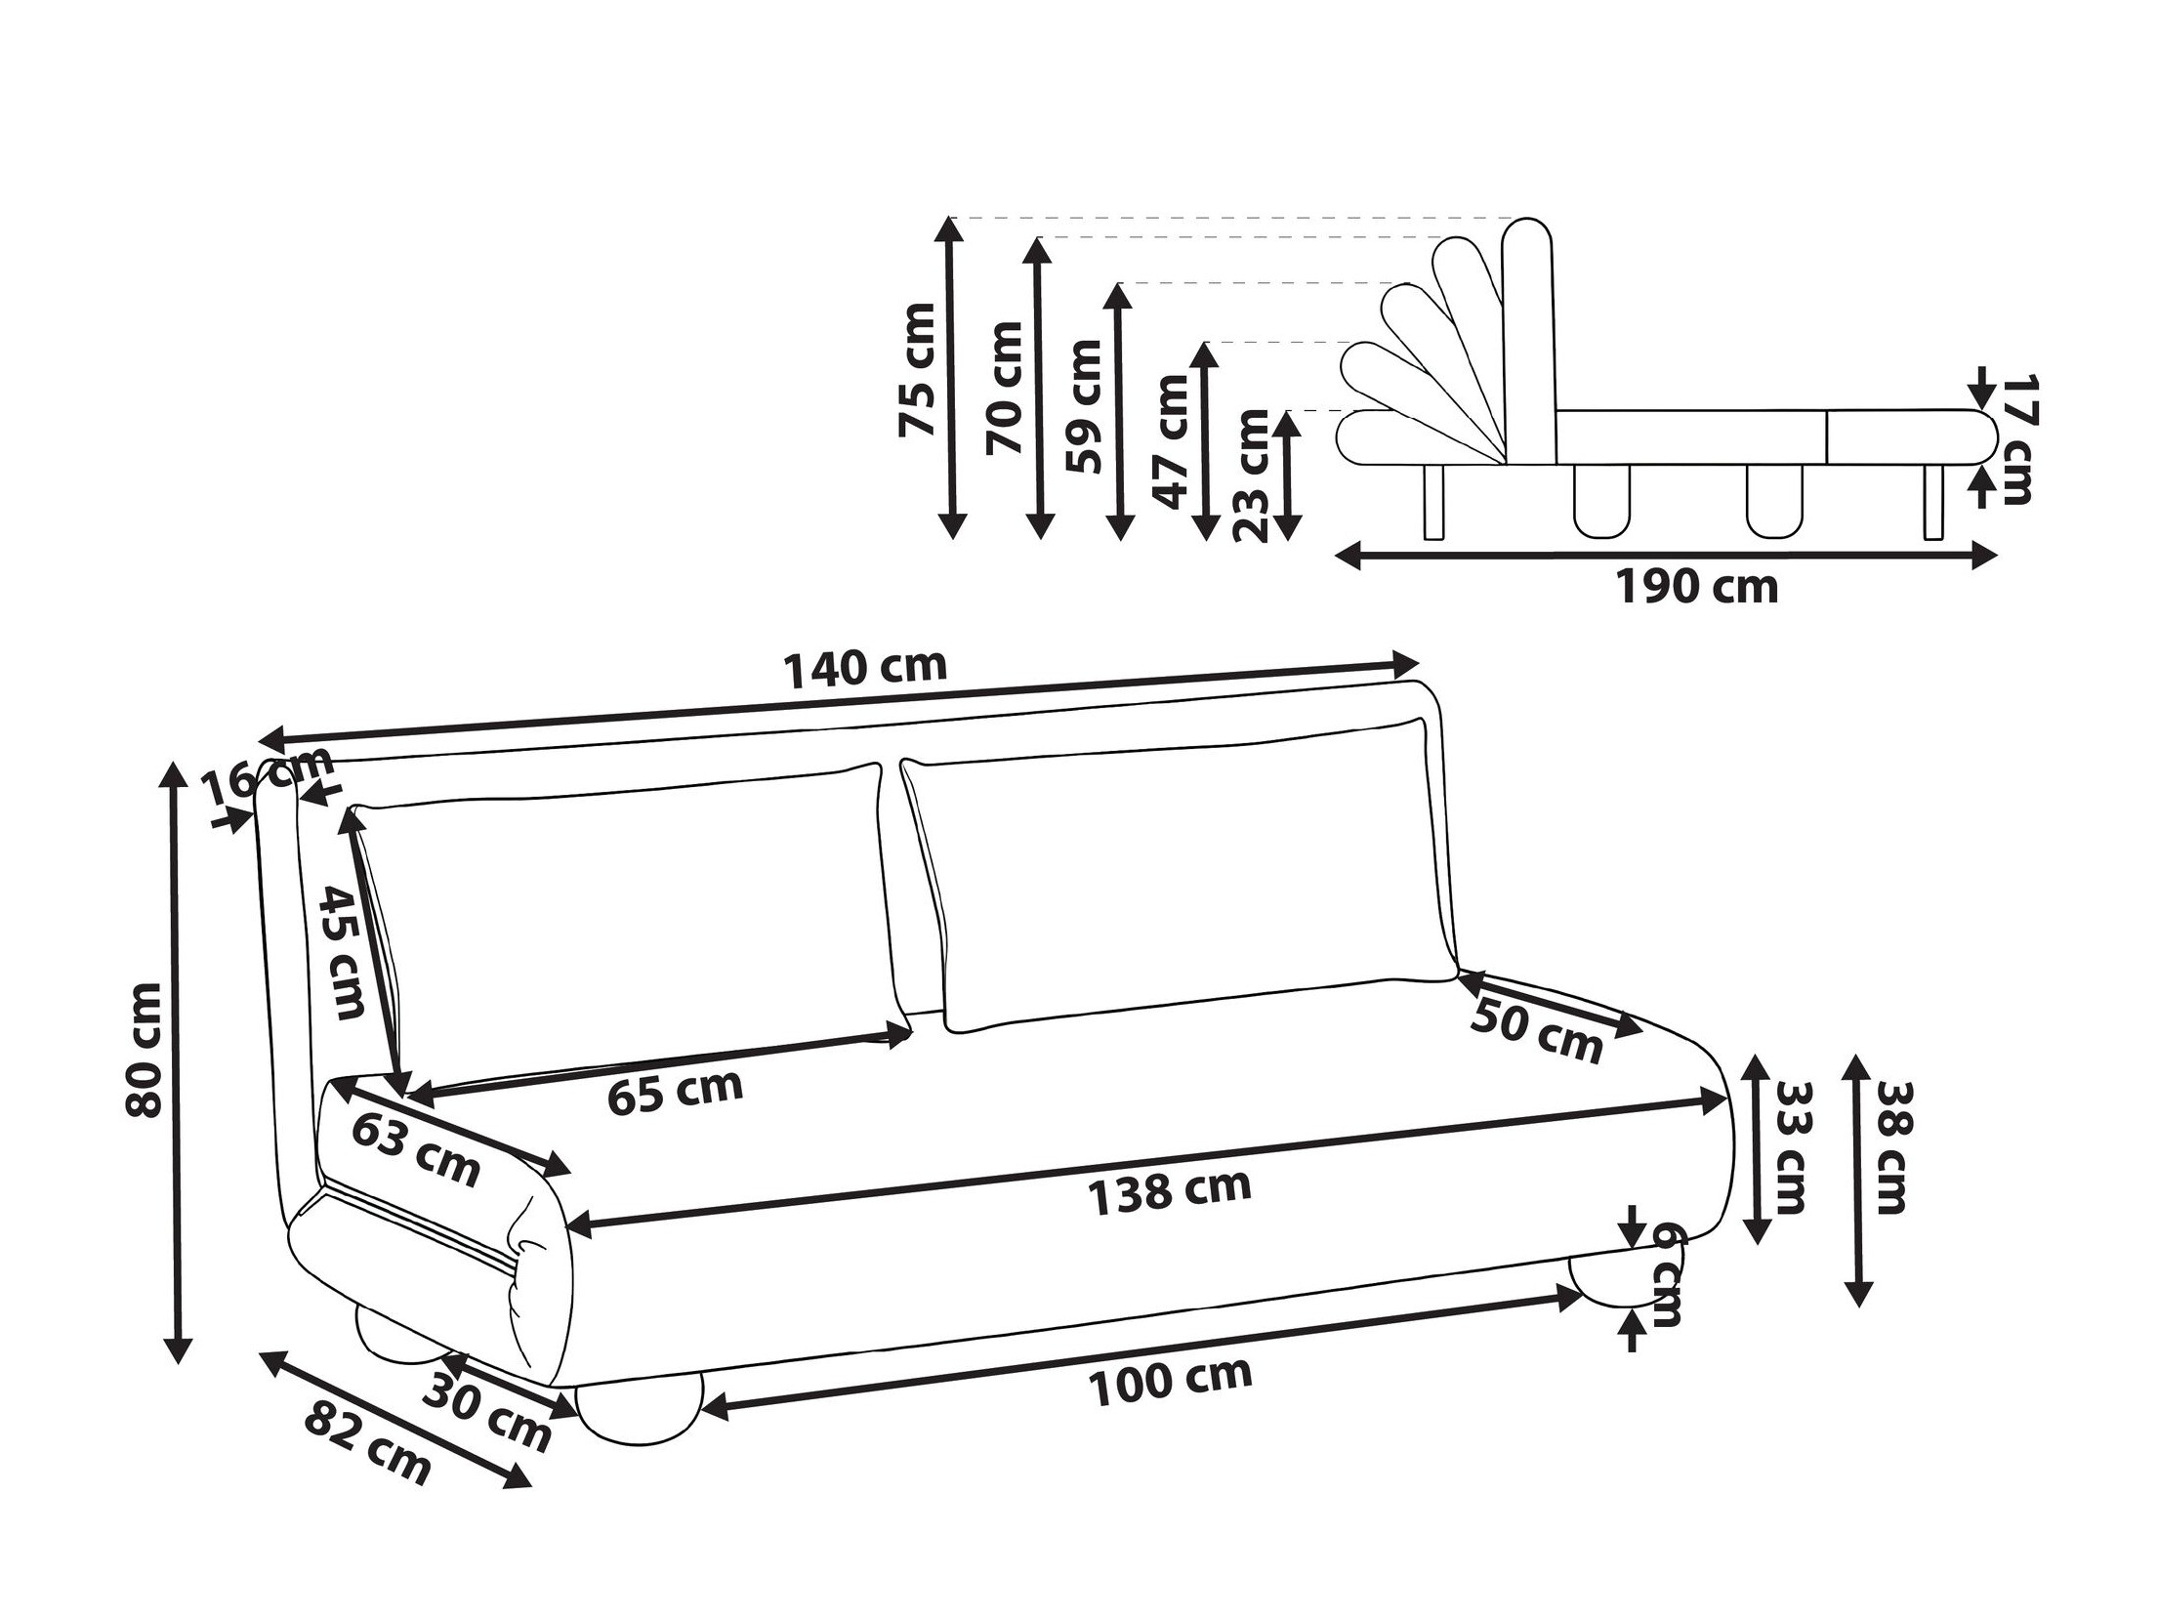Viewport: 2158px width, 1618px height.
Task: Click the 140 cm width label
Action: (x=865, y=667)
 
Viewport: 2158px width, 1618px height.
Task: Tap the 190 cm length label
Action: (x=1697, y=587)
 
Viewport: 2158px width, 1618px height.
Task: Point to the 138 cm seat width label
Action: (x=1169, y=1191)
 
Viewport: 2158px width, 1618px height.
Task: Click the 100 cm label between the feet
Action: (x=1170, y=1381)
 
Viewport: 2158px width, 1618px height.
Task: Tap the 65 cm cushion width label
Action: (x=675, y=1091)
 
